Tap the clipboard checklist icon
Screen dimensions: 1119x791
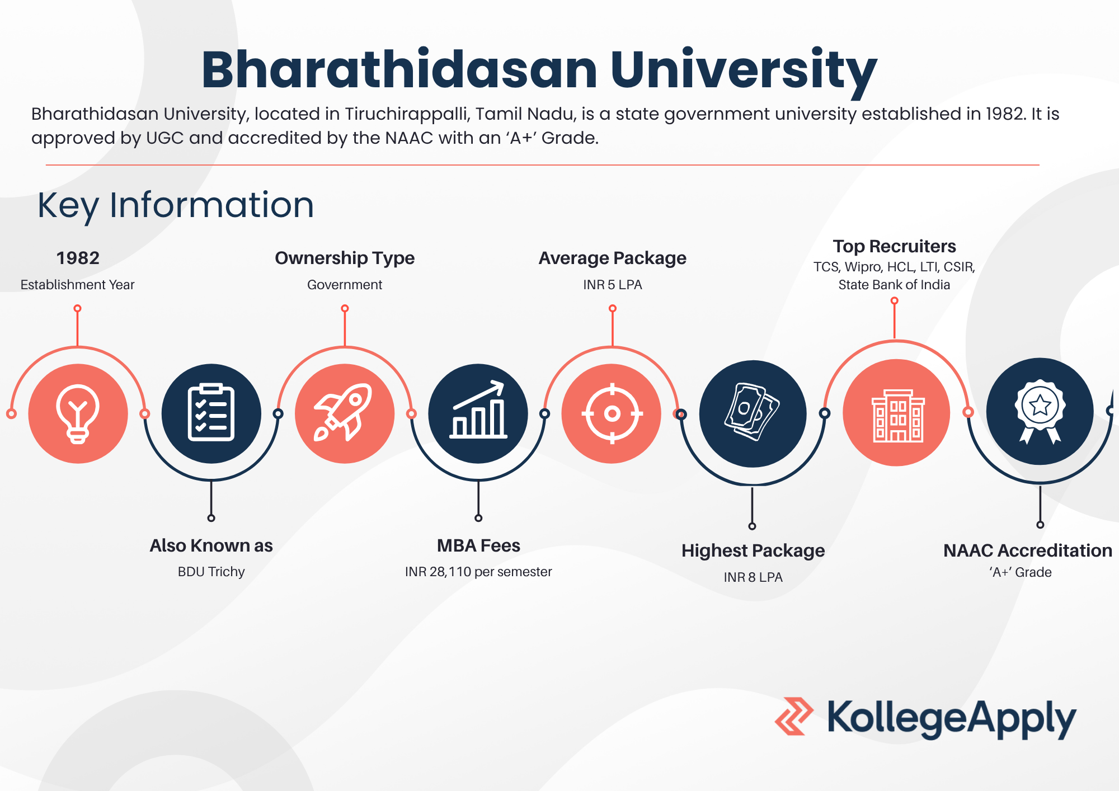211,413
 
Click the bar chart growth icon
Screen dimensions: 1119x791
478,409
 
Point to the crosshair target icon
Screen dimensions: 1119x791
612,414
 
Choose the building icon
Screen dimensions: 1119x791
897,416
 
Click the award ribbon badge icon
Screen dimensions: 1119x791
1040,412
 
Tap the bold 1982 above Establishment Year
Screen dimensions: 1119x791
78,258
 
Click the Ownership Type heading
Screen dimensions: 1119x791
345,258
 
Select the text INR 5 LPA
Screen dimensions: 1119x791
613,285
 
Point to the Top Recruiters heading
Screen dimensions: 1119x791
894,247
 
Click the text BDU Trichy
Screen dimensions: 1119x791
211,572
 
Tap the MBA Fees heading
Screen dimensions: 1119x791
478,545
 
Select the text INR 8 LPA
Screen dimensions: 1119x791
753,577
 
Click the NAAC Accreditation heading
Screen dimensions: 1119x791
1028,550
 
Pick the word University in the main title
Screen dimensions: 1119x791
744,70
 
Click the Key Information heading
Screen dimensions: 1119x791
176,205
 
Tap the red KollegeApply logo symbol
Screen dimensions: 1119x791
794,716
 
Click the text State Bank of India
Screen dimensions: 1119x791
894,285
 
